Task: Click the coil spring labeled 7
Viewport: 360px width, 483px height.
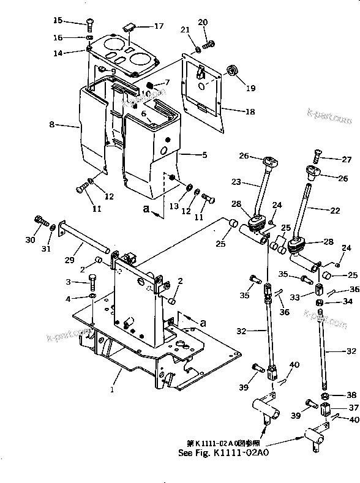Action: [152, 83]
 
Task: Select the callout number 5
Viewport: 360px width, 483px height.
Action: [204, 155]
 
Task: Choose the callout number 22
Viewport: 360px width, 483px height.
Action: [334, 210]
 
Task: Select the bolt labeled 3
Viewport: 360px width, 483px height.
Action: [91, 281]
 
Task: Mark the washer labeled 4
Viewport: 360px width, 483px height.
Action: [91, 298]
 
